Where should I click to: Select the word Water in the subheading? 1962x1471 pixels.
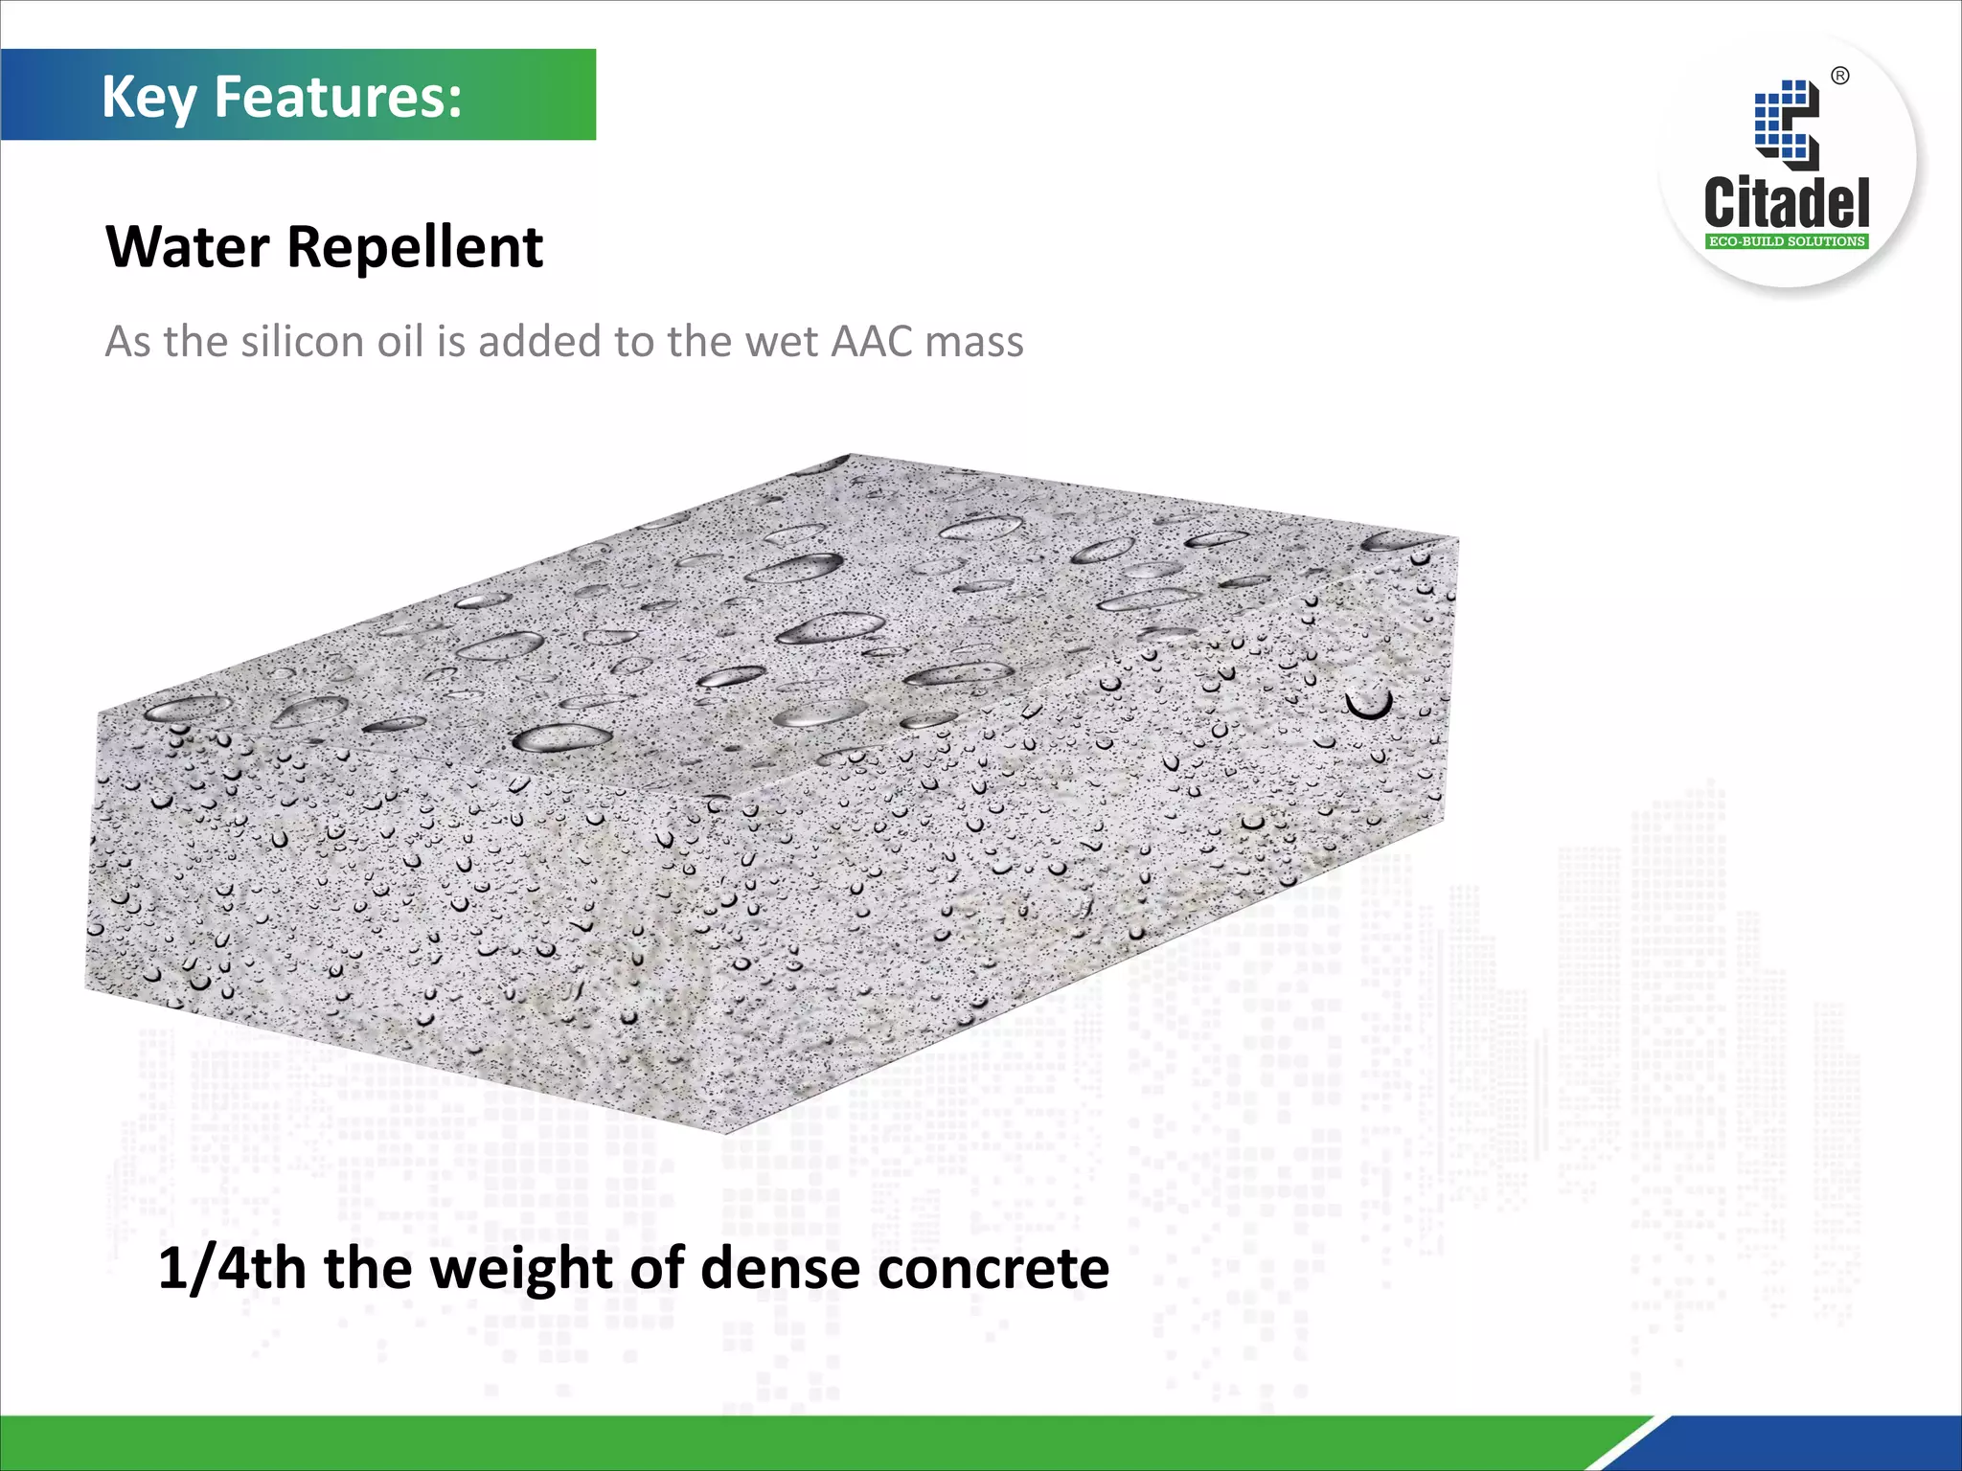click(188, 247)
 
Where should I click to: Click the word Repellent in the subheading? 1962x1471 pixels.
click(415, 249)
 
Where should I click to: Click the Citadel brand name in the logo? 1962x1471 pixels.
click(1787, 202)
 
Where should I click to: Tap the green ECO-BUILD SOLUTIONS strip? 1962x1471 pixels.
click(1787, 241)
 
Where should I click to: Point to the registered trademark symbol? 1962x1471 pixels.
click(1840, 77)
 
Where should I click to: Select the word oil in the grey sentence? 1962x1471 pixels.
click(400, 342)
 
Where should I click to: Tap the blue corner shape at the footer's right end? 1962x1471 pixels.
click(1820, 1446)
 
